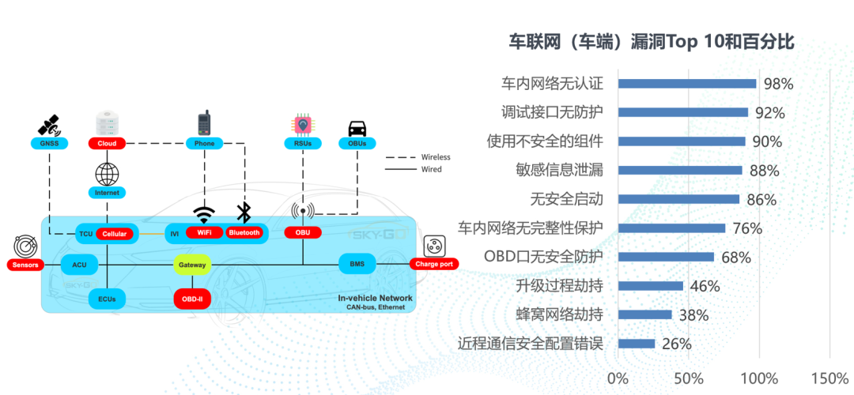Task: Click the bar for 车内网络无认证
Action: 686,84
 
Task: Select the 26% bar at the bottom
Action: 636,344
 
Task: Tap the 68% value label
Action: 735,257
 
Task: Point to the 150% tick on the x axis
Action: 829,377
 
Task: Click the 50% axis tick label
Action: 687,377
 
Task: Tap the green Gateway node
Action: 191,265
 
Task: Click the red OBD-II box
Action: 191,299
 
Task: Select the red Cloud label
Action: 107,143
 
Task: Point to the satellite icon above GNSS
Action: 49,125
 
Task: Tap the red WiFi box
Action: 204,232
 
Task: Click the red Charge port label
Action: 434,264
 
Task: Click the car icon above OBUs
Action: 357,127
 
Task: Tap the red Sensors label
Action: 25,265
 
